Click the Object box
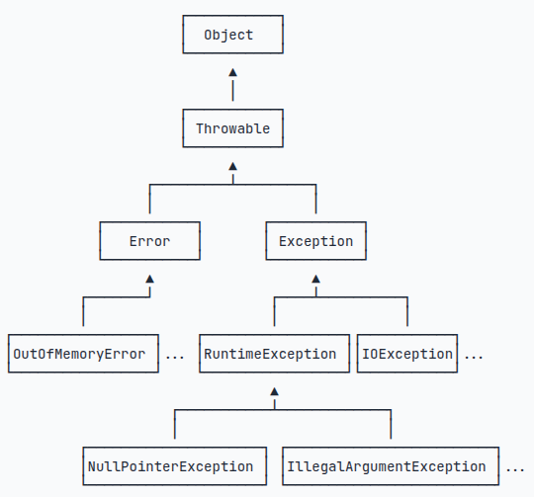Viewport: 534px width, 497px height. [232, 35]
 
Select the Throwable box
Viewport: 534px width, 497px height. [232, 128]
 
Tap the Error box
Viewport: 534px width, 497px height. [149, 241]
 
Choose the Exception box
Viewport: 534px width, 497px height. [315, 241]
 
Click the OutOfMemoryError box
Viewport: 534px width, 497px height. [83, 354]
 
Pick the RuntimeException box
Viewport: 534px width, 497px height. [274, 354]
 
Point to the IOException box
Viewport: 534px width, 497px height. [406, 354]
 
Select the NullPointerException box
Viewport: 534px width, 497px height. [175, 466]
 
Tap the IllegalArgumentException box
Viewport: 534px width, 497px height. [386, 466]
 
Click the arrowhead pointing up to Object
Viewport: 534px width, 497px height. [232, 72]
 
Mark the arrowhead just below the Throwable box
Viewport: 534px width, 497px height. [232, 167]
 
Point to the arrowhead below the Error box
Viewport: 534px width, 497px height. [149, 280]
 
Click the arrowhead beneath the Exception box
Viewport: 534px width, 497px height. [315, 280]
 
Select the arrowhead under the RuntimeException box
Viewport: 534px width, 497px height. [274, 392]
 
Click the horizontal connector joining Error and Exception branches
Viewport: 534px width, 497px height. [198, 184]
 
